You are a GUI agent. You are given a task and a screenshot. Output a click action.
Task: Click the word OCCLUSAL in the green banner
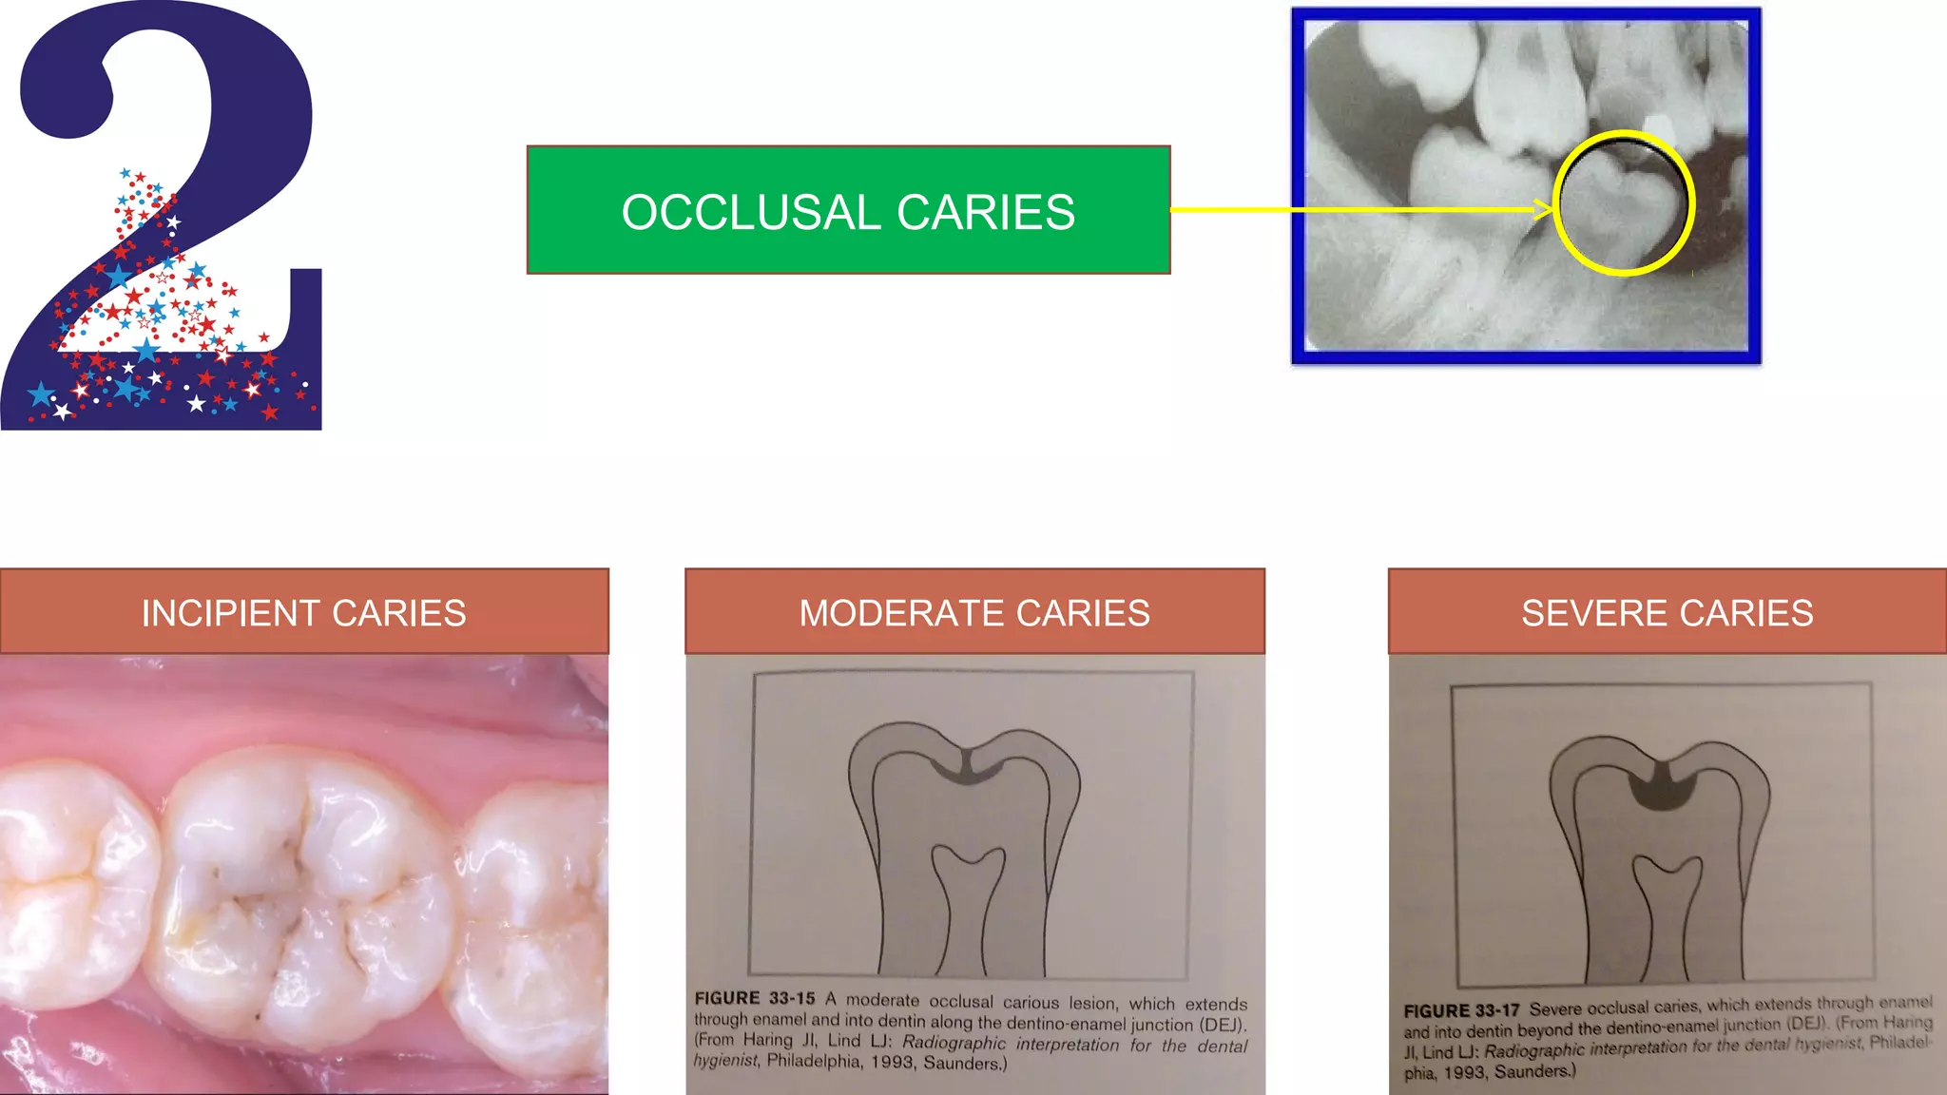(752, 212)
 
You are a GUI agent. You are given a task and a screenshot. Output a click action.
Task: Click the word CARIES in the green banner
(986, 212)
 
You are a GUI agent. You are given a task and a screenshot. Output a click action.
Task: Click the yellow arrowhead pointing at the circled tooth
(1544, 209)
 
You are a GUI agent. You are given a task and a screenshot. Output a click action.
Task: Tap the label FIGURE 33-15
(755, 998)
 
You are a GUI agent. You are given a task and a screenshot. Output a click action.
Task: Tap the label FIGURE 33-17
(1461, 1010)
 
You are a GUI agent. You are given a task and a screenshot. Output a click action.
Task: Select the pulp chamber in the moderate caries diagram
(968, 893)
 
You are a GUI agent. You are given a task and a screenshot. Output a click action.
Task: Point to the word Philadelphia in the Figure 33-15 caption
(815, 1061)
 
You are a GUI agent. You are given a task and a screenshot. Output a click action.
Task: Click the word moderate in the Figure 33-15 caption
(882, 1000)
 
